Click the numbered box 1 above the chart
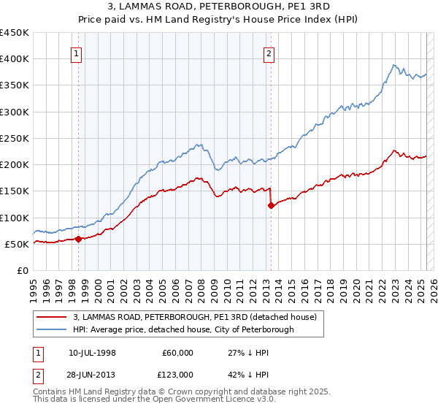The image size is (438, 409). (77, 53)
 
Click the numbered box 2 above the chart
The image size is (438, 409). (269, 53)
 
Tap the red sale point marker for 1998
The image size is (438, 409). (78, 239)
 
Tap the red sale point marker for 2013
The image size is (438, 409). (271, 205)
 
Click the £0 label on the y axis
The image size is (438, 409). (23, 270)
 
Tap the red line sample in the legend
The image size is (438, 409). (51, 318)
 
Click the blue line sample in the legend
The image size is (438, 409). (51, 330)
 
